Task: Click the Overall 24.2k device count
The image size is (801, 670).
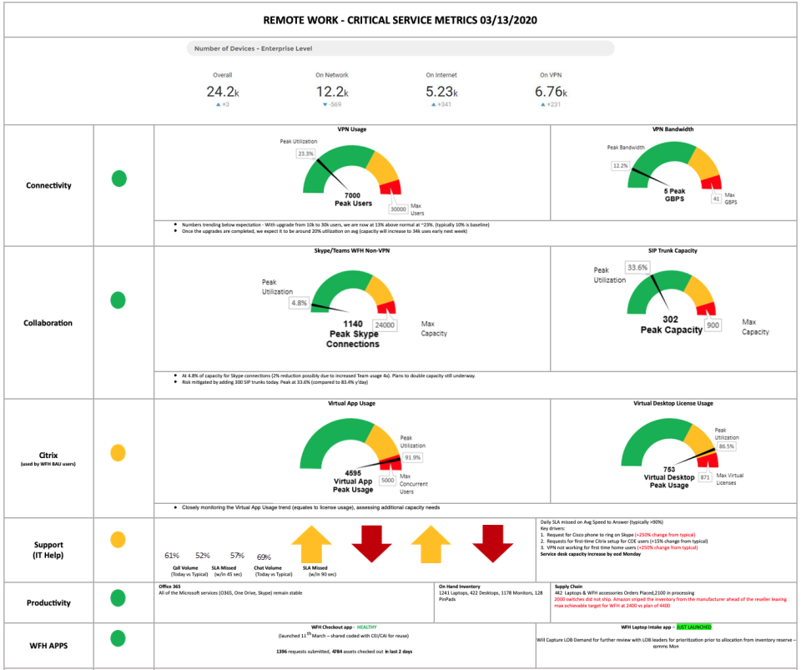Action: click(x=222, y=93)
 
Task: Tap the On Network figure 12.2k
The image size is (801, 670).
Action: click(x=331, y=93)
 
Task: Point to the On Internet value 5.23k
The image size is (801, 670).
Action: click(x=441, y=93)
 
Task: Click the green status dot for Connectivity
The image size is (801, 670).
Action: click(x=119, y=179)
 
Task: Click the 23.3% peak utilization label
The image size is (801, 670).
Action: click(x=305, y=154)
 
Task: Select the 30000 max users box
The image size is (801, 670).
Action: click(x=398, y=209)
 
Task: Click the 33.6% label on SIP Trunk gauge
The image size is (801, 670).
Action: click(x=637, y=268)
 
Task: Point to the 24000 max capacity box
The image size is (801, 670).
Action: click(x=385, y=325)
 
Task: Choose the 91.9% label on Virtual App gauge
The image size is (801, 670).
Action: click(x=412, y=457)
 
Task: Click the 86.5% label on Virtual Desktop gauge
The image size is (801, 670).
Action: click(x=727, y=446)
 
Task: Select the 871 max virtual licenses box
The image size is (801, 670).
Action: click(x=705, y=477)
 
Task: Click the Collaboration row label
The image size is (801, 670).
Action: click(x=48, y=323)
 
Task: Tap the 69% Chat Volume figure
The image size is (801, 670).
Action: click(x=264, y=557)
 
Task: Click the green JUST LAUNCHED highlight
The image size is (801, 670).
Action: click(x=694, y=626)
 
